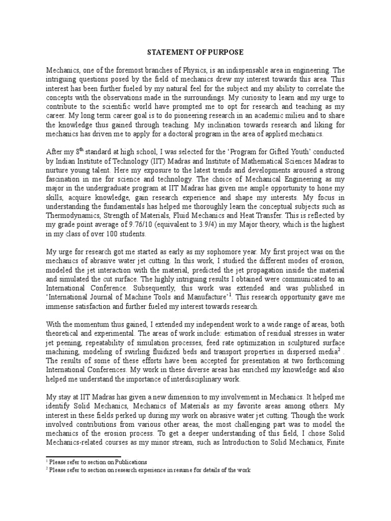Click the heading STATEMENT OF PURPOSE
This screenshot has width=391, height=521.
195,52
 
